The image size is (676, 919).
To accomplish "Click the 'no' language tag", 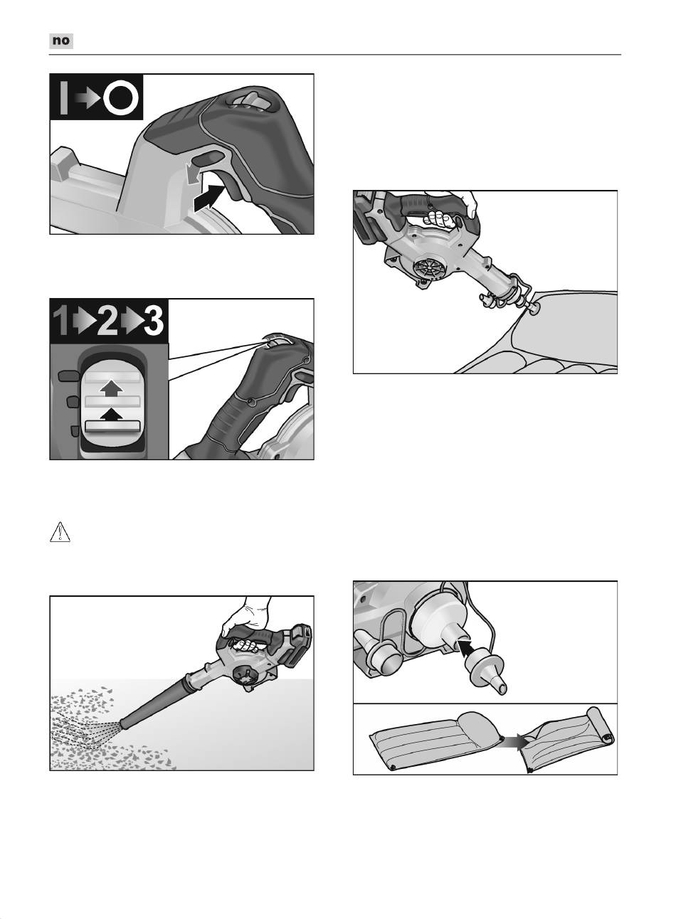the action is coord(61,41).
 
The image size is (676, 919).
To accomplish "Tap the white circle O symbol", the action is coord(121,97).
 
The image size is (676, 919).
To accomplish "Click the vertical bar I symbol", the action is coord(63,97).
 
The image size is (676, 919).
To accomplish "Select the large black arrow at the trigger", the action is coord(209,198).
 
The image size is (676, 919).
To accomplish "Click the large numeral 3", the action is coord(154,320).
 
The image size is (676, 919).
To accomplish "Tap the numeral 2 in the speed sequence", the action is coord(107,320).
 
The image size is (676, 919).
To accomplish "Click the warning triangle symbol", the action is coord(60,532).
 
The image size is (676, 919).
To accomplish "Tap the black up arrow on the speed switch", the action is coord(112,415).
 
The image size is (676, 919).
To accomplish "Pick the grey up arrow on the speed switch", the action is coord(112,388).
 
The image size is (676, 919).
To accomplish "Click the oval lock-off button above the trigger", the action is coord(209,157).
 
